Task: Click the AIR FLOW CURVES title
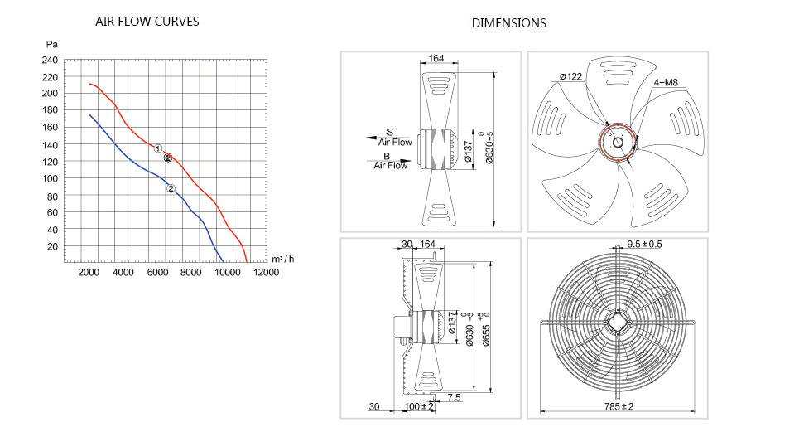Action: pyautogui.click(x=147, y=22)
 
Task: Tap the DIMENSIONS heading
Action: pyautogui.click(x=508, y=23)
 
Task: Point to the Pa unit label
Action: pyautogui.click(x=52, y=45)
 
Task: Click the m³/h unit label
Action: pyautogui.click(x=283, y=259)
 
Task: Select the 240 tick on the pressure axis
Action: pyautogui.click(x=50, y=61)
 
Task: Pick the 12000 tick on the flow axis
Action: pyautogui.click(x=266, y=272)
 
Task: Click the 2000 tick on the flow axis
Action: pyautogui.click(x=89, y=272)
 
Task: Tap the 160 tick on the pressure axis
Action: pyautogui.click(x=50, y=127)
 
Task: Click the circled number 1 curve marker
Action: pyautogui.click(x=158, y=148)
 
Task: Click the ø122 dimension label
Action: pyautogui.click(x=570, y=76)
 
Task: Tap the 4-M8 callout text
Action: pyautogui.click(x=666, y=83)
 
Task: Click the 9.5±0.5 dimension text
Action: pyautogui.click(x=644, y=245)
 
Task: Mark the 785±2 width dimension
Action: pyautogui.click(x=619, y=406)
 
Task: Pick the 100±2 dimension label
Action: pyautogui.click(x=419, y=406)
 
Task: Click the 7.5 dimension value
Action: pyautogui.click(x=454, y=397)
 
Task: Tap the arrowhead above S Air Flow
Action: pyautogui.click(x=371, y=138)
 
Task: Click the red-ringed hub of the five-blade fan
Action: pyautogui.click(x=618, y=143)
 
